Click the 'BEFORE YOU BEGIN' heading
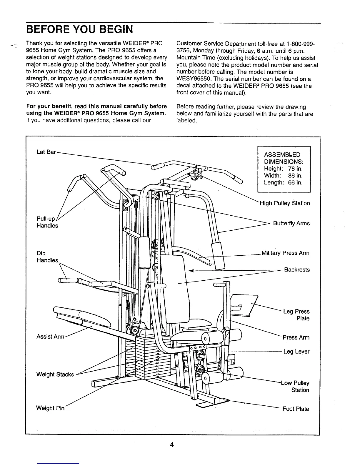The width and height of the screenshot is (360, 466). (79, 29)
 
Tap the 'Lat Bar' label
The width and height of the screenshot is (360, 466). (46, 152)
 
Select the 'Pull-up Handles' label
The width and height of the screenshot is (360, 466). (47, 222)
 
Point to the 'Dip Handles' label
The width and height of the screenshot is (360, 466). (47, 257)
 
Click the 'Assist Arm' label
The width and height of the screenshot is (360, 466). (50, 337)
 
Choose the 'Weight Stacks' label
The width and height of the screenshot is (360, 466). (55, 374)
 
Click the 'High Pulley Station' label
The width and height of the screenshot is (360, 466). (285, 203)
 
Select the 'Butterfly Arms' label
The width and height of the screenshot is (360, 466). (291, 223)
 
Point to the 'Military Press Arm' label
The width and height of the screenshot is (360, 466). (285, 253)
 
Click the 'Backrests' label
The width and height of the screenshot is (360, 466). (297, 270)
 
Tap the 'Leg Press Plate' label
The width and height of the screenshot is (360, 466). (296, 315)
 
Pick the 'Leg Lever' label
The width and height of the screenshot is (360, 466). (296, 352)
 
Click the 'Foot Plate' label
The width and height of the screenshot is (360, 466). (296, 409)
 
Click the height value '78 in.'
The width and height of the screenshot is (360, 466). (295, 169)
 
